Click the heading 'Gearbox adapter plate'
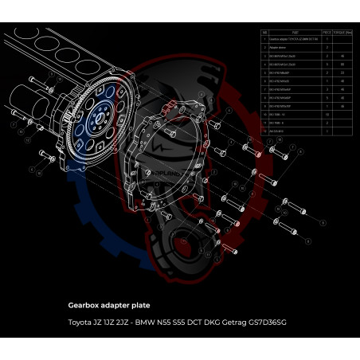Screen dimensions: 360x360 click(x=109, y=304)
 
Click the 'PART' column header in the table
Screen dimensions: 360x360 click(x=295, y=33)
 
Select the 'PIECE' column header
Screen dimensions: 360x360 click(x=326, y=33)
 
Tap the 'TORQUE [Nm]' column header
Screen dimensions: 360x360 click(x=342, y=33)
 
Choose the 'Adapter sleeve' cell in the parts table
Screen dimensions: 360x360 click(x=283, y=48)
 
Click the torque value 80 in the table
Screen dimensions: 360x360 click(x=342, y=65)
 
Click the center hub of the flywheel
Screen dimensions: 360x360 click(x=96, y=120)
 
